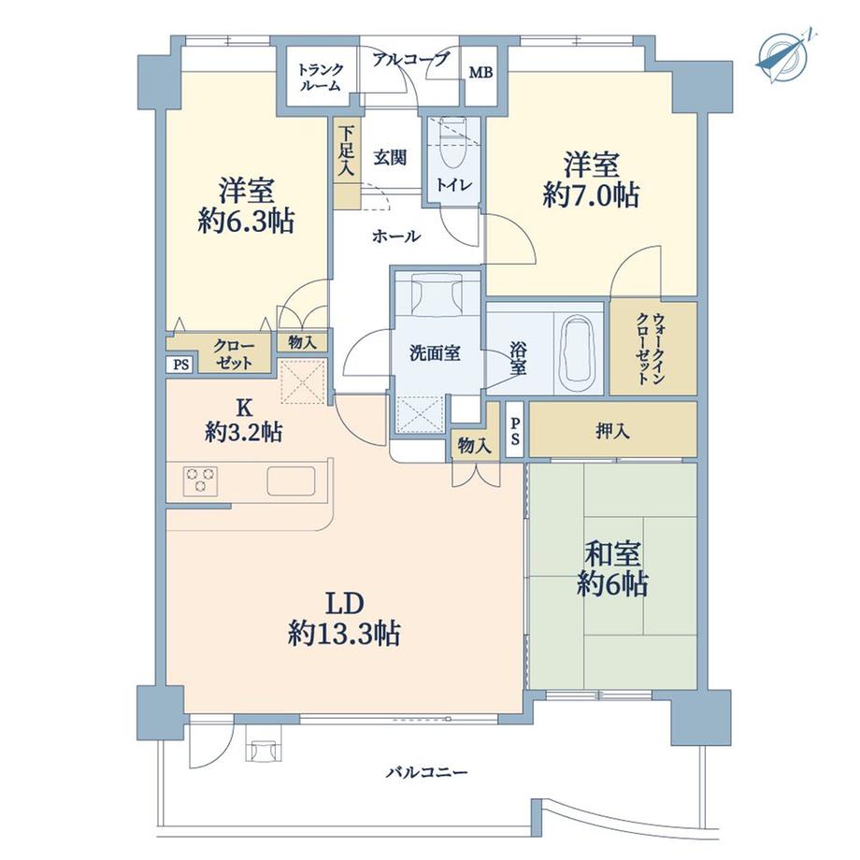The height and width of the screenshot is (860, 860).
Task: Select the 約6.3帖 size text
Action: (x=247, y=221)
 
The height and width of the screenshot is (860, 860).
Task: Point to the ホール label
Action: (x=396, y=237)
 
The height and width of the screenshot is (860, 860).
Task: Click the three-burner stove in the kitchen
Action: (x=200, y=480)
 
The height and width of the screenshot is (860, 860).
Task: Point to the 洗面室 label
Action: (x=434, y=352)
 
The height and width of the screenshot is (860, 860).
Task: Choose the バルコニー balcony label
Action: (x=425, y=773)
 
